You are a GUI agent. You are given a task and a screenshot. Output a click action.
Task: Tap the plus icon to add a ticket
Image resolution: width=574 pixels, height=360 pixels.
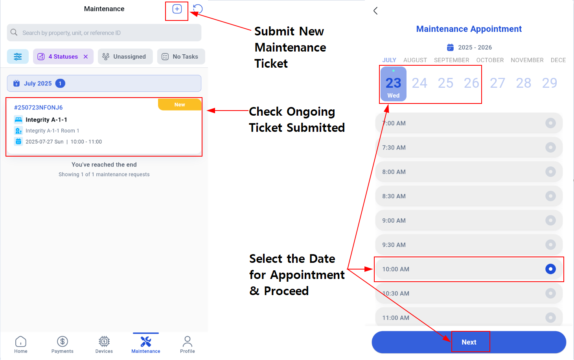click(177, 9)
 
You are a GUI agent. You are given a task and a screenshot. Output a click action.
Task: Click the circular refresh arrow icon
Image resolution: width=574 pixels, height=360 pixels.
click(198, 9)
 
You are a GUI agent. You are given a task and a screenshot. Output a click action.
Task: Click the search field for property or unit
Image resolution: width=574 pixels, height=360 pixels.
click(104, 33)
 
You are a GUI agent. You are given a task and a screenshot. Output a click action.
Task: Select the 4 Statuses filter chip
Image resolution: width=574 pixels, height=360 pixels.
click(63, 56)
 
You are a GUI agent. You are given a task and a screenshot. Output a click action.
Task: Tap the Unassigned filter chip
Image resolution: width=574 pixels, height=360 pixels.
click(125, 56)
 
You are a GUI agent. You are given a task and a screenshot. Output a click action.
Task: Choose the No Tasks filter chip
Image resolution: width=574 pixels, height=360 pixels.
click(181, 56)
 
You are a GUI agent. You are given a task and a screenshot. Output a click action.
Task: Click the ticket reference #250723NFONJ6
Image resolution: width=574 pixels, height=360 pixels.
click(38, 107)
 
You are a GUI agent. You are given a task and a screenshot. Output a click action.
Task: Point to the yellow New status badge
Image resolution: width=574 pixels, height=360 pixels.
click(180, 105)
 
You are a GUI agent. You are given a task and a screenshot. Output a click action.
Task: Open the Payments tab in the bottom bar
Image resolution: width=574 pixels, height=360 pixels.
click(62, 345)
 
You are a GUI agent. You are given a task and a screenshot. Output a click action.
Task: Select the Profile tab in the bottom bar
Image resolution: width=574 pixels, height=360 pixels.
click(187, 345)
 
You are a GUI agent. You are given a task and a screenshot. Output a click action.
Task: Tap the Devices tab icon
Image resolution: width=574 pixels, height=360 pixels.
click(104, 341)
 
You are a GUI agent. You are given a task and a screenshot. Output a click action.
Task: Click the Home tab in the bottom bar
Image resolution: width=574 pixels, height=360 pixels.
click(21, 345)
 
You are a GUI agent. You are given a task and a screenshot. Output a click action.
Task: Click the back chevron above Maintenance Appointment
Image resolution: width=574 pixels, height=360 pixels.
click(376, 11)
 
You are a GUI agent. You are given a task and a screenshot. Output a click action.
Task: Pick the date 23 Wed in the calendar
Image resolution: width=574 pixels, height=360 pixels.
click(393, 84)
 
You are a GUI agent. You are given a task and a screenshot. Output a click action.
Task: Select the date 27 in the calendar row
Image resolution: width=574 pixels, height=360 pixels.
click(497, 83)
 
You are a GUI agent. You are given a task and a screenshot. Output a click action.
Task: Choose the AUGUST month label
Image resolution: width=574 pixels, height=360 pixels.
click(415, 60)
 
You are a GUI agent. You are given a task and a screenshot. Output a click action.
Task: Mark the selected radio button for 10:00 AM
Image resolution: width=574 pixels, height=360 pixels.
click(550, 269)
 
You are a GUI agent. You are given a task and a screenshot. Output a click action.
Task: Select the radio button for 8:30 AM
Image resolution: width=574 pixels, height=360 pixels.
click(550, 196)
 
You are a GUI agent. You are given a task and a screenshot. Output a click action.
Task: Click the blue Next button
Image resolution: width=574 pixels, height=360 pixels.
click(469, 342)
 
